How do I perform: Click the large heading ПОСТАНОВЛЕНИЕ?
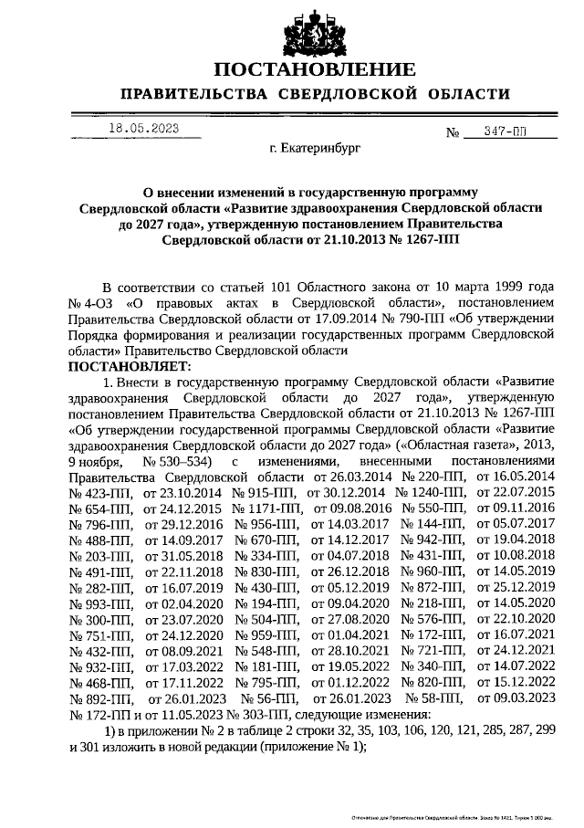point(315,70)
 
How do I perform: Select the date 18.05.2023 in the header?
point(143,128)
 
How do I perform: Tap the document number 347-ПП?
point(508,133)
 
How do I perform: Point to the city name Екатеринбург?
point(316,147)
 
